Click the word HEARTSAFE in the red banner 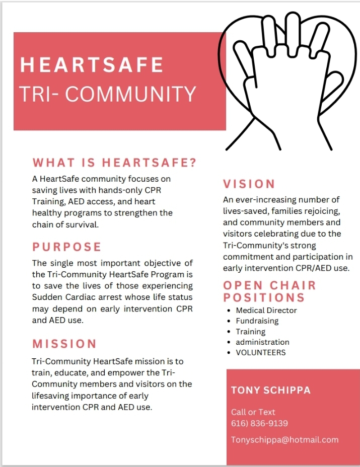click(92, 65)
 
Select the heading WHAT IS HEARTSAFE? click(114, 163)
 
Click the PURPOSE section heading click(67, 247)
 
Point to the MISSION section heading click(64, 344)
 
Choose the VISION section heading click(249, 184)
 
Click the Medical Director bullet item click(266, 310)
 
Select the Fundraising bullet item click(257, 321)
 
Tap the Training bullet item click(250, 332)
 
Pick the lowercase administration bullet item click(262, 342)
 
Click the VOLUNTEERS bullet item click(261, 353)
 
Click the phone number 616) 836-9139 click(259, 423)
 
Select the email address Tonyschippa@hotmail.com click(284, 440)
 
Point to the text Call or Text click(253, 412)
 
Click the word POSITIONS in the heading click(264, 297)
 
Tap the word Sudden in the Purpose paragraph click(46, 297)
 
